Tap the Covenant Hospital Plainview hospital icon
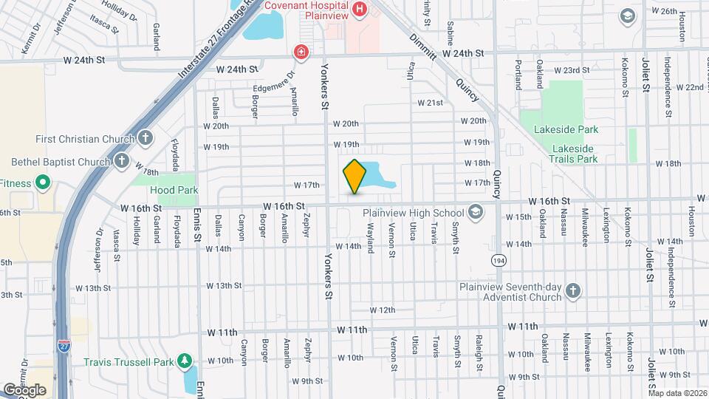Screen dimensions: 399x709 point(360,9)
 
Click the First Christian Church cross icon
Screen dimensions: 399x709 point(145,138)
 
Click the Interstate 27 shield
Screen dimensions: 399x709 point(65,345)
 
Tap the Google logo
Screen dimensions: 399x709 point(24,389)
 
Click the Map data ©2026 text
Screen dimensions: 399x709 point(676,393)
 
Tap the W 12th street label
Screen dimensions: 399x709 point(383,310)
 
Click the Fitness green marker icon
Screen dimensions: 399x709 point(44,183)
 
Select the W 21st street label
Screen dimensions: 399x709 point(430,103)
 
